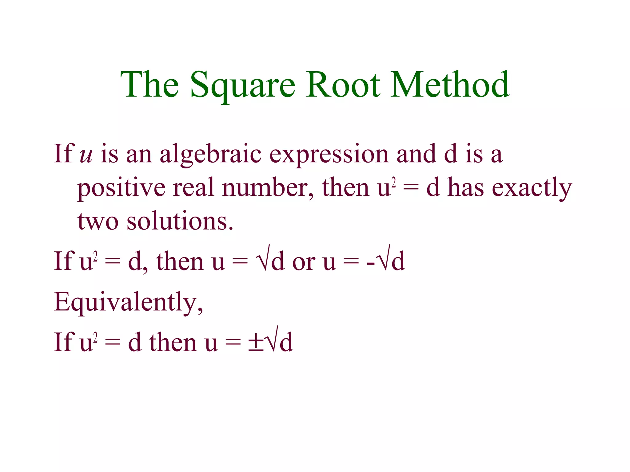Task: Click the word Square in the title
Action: pos(243,85)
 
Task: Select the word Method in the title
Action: pos(450,85)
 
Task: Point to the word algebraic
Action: pos(210,155)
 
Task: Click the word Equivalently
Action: pos(128,302)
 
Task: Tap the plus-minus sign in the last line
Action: pos(256,343)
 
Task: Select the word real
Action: pos(193,188)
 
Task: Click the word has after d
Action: pos(465,188)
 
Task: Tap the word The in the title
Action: pos(150,85)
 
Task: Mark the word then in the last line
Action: pos(173,342)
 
